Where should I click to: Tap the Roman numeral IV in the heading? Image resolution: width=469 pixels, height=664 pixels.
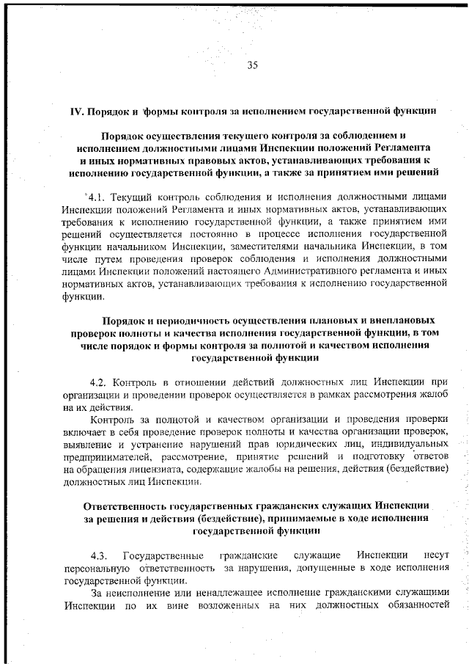(76, 112)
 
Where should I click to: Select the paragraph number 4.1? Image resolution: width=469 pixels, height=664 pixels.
(96, 198)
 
